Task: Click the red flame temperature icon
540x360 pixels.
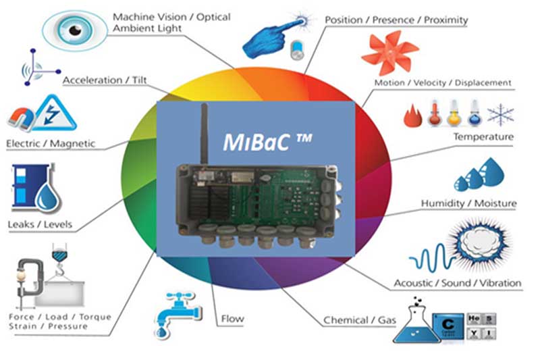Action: tap(412, 115)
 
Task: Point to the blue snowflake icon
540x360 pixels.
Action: tap(501, 113)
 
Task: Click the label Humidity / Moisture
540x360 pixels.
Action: tap(468, 203)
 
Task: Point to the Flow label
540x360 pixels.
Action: tap(232, 319)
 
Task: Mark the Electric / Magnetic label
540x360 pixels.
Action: tap(51, 144)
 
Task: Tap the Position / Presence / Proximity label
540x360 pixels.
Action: tap(396, 20)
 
